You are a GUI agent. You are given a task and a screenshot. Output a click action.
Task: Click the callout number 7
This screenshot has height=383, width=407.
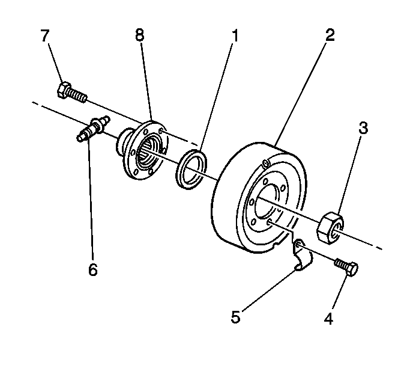(x=46, y=35)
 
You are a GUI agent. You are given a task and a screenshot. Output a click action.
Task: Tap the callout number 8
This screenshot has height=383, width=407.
(x=140, y=35)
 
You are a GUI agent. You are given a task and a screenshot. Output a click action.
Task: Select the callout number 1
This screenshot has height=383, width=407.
(x=235, y=35)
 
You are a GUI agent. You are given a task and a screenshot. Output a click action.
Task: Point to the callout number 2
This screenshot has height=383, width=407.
(x=330, y=35)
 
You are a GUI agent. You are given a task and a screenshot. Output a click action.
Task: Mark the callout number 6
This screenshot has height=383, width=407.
(x=92, y=270)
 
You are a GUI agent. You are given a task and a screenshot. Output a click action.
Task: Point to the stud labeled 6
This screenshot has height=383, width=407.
(x=91, y=128)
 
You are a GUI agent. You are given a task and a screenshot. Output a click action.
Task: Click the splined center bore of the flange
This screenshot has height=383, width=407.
(x=148, y=154)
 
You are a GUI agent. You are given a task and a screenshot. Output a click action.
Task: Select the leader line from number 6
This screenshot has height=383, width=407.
(x=91, y=198)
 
